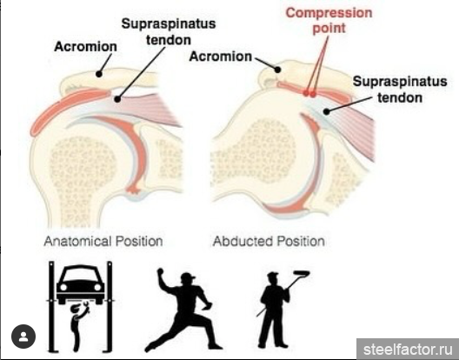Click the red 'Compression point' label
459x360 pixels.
329,21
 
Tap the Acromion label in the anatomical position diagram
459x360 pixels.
85,47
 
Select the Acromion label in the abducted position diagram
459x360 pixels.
221,57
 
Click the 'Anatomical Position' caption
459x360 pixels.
103,242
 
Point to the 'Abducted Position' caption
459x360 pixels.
269,242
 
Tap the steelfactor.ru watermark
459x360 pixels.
408,350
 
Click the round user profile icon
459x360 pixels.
23,337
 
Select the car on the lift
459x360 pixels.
81,283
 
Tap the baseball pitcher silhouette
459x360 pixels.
183,310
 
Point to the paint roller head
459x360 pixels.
301,274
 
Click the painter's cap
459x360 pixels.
273,275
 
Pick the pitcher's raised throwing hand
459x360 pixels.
161,272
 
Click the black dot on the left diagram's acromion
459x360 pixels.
99,74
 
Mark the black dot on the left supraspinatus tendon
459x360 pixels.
117,99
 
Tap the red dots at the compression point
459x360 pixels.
309,94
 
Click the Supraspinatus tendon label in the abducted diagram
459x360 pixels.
400,90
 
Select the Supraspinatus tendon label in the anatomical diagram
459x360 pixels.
169,31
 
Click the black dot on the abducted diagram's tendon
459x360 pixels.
326,111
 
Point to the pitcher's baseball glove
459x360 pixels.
208,305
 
